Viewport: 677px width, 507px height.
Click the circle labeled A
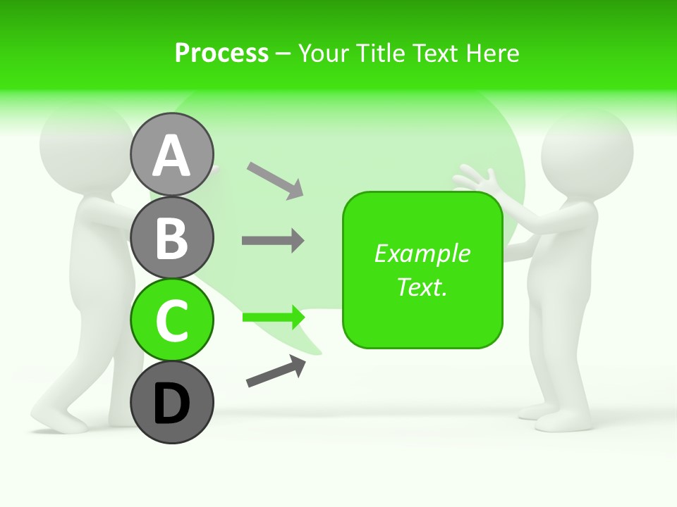tap(171, 154)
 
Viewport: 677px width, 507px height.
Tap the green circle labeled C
tap(171, 320)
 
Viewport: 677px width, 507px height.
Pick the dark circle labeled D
tap(171, 403)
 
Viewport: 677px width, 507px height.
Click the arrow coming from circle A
tap(275, 180)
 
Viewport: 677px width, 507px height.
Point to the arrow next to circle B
tap(273, 241)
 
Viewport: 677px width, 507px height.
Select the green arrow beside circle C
tap(274, 318)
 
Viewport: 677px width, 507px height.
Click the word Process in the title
tap(221, 53)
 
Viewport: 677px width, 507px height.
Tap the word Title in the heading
tap(384, 53)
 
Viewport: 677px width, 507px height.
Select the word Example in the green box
tap(422, 254)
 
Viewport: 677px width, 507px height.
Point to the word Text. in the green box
tap(422, 287)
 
